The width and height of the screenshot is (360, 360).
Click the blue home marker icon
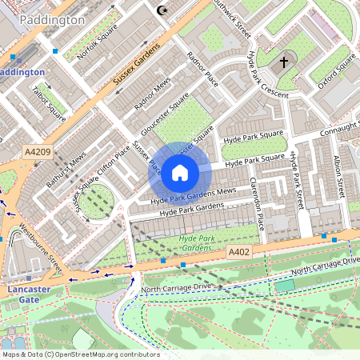coord(180,172)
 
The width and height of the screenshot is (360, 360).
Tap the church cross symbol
coord(283,62)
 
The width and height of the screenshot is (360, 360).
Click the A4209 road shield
coord(37,151)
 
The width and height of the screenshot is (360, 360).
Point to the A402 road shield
coord(239,252)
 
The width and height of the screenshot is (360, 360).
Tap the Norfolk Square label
coord(97,42)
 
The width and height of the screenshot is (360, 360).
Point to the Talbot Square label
coord(50,99)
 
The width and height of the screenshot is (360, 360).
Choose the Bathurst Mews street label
coord(66,170)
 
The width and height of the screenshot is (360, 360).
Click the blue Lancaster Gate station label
coord(29,294)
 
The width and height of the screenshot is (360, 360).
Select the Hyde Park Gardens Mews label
coord(194,193)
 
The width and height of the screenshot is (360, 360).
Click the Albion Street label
coord(340,178)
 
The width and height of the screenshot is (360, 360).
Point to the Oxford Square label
coord(335,71)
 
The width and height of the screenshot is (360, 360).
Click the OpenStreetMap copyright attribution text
coord(80,354)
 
